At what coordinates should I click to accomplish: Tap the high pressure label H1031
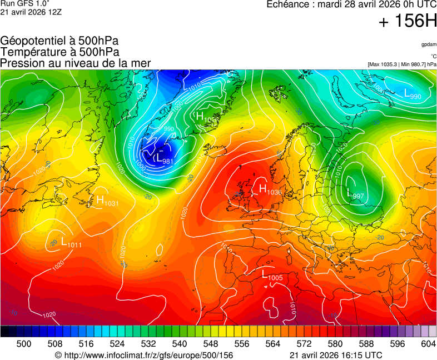click(x=107, y=201)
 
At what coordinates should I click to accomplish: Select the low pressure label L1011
click(x=71, y=242)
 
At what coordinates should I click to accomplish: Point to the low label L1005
click(x=272, y=275)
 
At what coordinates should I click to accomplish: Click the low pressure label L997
click(x=355, y=195)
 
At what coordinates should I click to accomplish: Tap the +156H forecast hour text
click(x=407, y=22)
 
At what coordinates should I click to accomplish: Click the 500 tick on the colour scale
click(x=24, y=344)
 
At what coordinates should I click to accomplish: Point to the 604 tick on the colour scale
click(x=428, y=344)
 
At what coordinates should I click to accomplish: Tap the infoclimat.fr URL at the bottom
click(x=143, y=355)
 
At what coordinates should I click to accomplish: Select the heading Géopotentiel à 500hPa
click(x=59, y=41)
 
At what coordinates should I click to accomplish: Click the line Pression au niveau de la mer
click(x=76, y=63)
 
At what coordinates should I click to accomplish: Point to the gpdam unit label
click(x=428, y=44)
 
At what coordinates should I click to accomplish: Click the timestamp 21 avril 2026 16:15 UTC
click(x=336, y=355)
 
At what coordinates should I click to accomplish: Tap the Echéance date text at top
click(x=352, y=4)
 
